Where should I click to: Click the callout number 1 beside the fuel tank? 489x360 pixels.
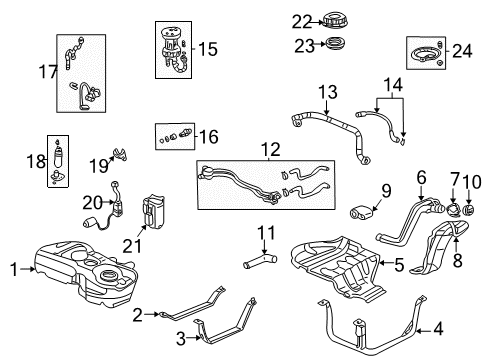tap(12, 268)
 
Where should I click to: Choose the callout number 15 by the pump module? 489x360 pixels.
tap(208, 47)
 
